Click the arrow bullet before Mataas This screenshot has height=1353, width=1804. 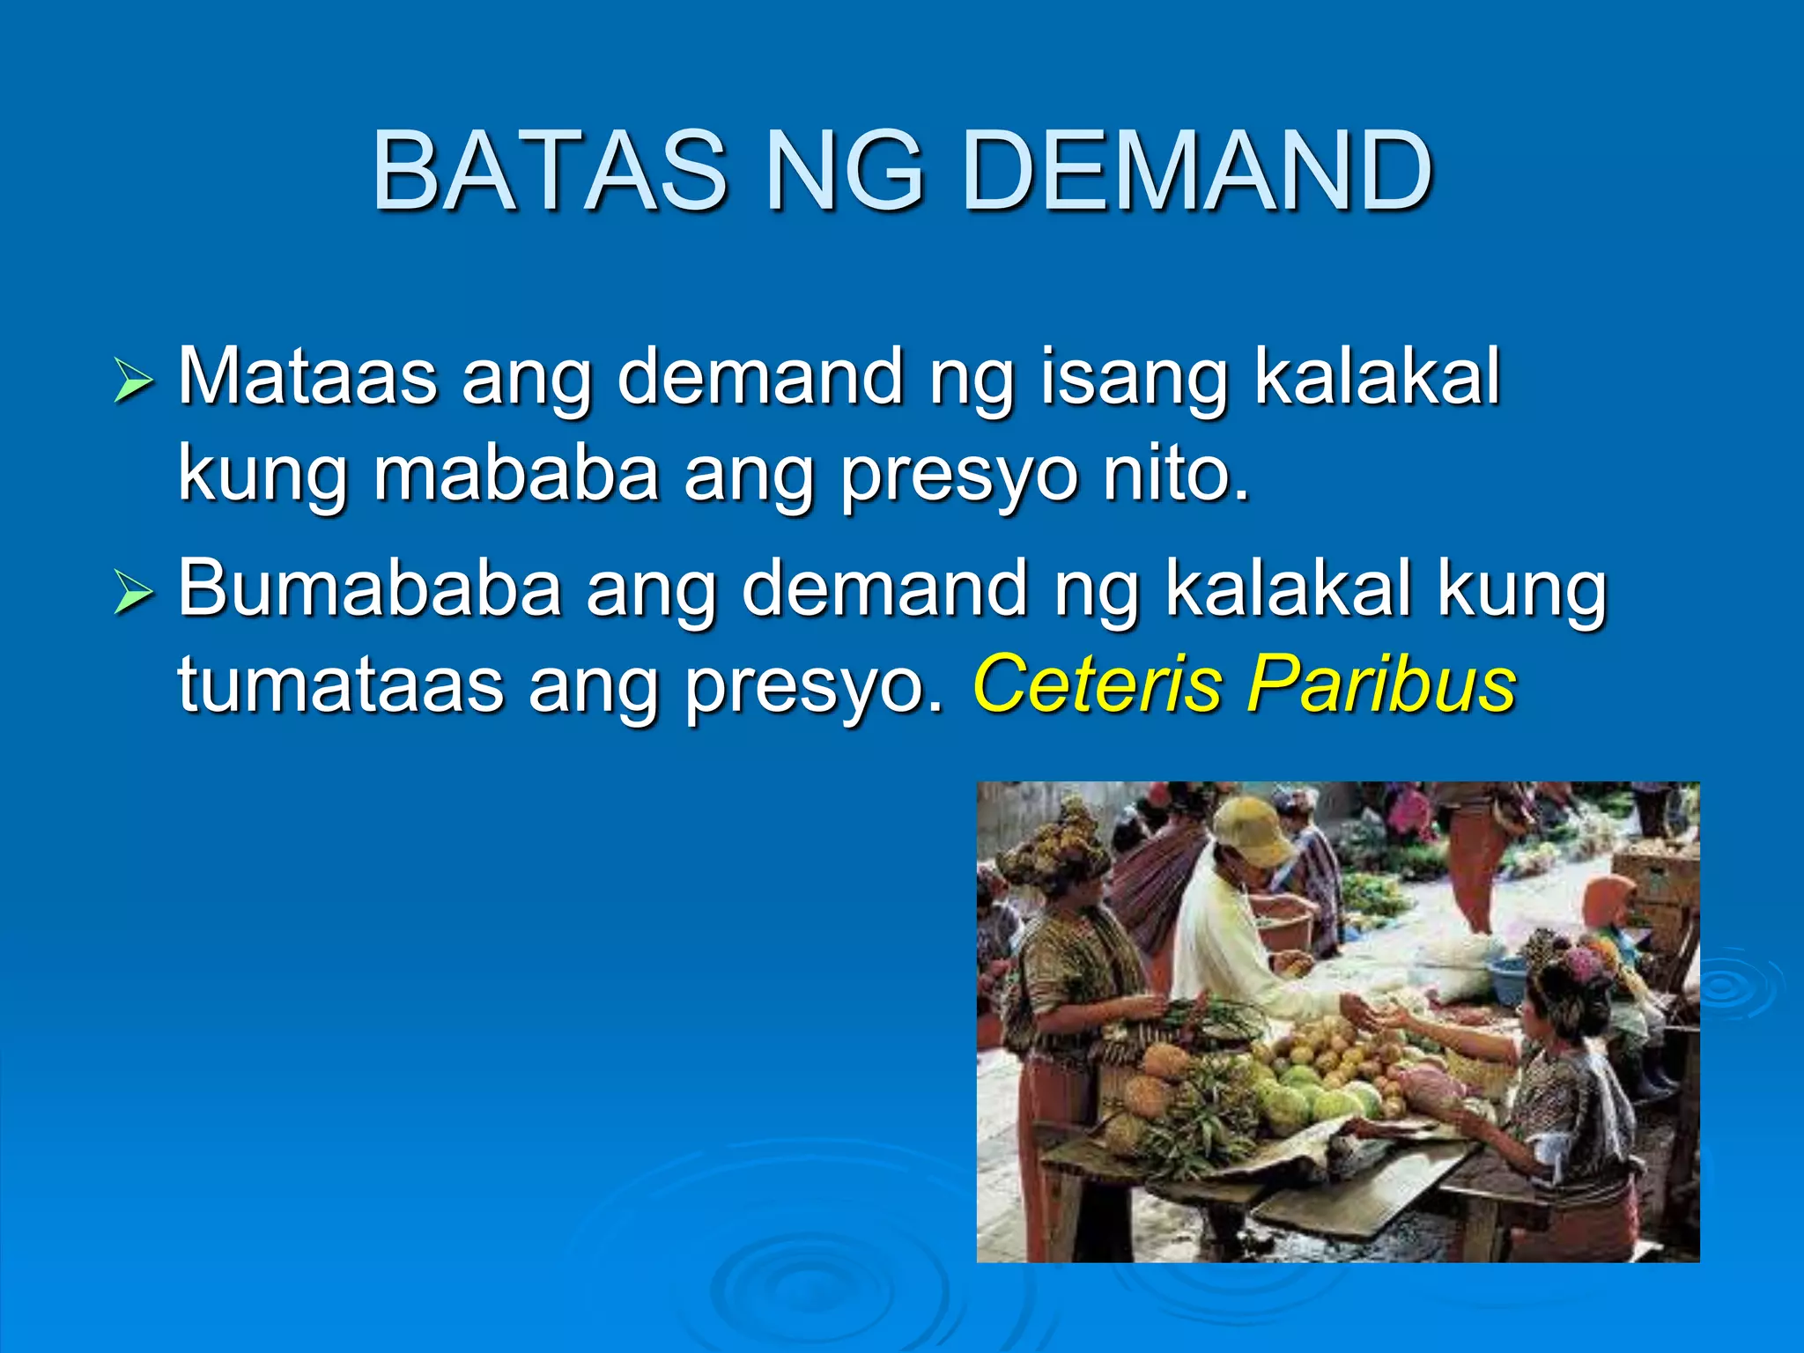133,382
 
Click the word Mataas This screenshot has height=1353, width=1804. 307,377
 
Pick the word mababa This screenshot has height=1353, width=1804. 516,474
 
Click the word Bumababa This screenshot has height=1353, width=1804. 370,588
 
